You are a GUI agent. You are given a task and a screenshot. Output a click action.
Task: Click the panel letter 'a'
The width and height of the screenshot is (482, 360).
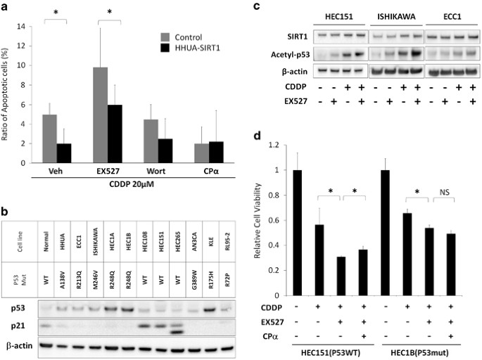pyautogui.click(x=6, y=6)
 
